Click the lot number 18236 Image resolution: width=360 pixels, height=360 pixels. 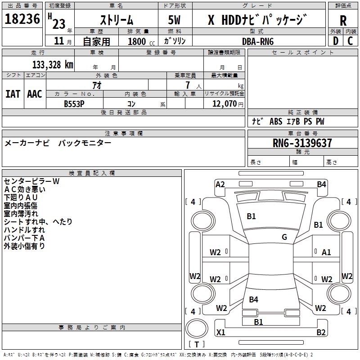tap(22, 19)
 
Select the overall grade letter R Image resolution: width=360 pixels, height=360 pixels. tap(343, 21)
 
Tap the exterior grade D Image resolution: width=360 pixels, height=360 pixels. tap(336, 41)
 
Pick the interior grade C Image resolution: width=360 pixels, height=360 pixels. tap(350, 41)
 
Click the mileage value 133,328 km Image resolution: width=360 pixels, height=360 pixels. tap(53, 65)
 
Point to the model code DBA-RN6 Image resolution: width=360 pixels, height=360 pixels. tap(258, 41)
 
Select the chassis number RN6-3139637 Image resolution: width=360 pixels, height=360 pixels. tap(302, 143)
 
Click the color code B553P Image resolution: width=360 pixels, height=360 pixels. tap(74, 104)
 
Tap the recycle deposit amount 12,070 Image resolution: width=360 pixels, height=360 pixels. tap(225, 104)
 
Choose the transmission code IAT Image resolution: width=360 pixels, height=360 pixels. tap(13, 94)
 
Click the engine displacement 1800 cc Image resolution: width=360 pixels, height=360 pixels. tap(141, 41)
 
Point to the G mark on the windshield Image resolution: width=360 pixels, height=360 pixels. tap(284, 237)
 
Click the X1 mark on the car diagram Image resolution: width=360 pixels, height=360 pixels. tap(221, 332)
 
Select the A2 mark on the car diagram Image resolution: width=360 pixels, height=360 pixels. tap(220, 184)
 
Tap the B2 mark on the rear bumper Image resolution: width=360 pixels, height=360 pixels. tap(321, 332)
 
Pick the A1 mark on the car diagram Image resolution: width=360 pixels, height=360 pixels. tap(326, 252)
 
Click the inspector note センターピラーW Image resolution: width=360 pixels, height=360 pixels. tap(31, 181)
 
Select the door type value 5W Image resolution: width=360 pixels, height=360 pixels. tap(174, 20)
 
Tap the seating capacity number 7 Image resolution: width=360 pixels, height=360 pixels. tap(188, 85)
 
